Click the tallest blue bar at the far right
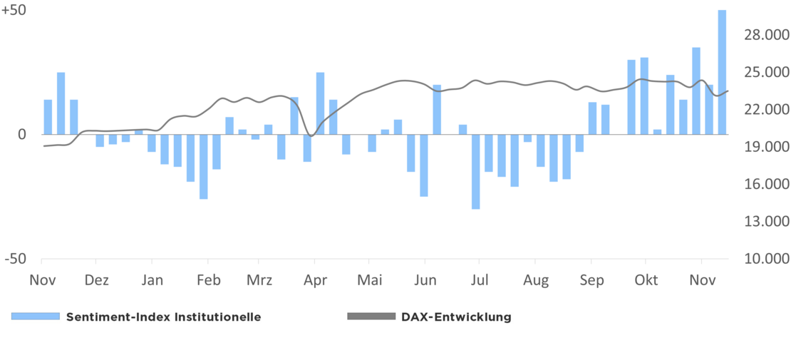(x=722, y=71)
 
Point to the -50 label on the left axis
(x=15, y=259)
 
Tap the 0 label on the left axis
(x=21, y=134)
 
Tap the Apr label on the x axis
(x=315, y=280)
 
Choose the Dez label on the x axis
(x=96, y=280)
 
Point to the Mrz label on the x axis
(x=259, y=280)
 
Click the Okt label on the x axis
(x=646, y=280)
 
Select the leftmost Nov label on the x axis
(x=42, y=280)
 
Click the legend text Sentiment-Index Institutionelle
(x=163, y=317)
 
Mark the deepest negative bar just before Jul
(x=475, y=171)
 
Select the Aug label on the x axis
(x=535, y=280)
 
